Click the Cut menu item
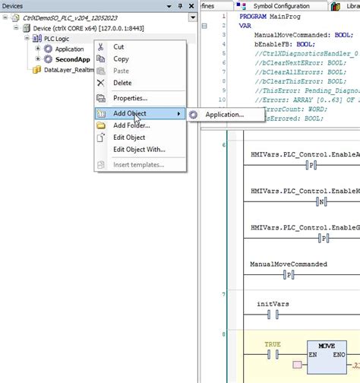click(119, 46)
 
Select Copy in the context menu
click(121, 59)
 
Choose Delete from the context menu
click(122, 83)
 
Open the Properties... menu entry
click(130, 98)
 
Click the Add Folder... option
click(131, 125)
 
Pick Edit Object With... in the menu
click(139, 149)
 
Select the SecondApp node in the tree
click(73, 59)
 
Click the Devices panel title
click(14, 6)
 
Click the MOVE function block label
click(327, 345)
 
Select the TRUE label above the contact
click(272, 344)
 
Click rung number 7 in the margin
click(224, 294)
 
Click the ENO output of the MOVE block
click(337, 355)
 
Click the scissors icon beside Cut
click(101, 46)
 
